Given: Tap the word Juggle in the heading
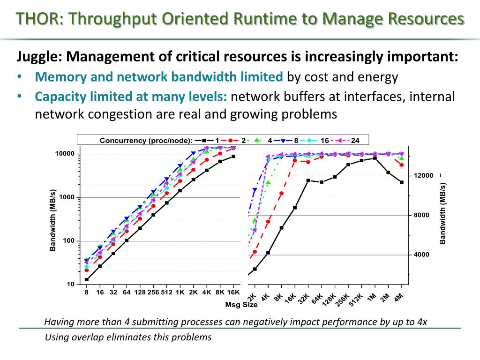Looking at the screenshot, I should pos(37,57).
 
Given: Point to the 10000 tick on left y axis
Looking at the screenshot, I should pos(65,154).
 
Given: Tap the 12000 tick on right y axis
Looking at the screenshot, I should pos(423,176).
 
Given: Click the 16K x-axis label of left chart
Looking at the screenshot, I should pos(233,292).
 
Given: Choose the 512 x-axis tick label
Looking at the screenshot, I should pos(166,292).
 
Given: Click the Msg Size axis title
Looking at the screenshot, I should pos(241,305).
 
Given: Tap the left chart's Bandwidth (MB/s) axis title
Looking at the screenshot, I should pos(53,219).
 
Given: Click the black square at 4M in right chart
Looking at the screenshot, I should pos(402,182).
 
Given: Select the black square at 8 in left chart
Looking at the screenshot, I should pos(87,280).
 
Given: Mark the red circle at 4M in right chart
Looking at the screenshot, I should pos(402,165).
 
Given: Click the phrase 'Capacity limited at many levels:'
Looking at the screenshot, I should pos(131,97).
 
